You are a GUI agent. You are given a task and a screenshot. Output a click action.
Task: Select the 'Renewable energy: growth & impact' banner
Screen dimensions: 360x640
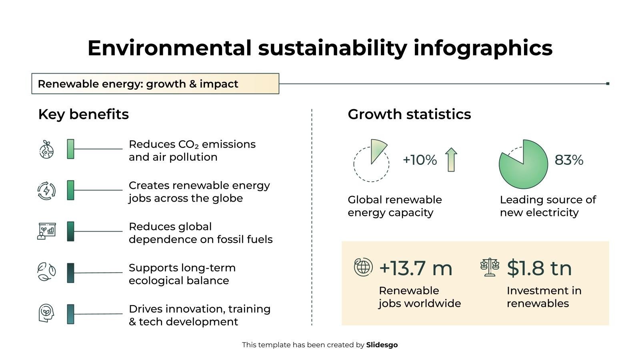pyautogui.click(x=155, y=84)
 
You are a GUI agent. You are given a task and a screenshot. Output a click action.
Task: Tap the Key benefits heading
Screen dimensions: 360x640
pyautogui.click(x=83, y=114)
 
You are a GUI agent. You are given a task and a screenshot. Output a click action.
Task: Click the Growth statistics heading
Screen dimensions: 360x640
pyautogui.click(x=409, y=114)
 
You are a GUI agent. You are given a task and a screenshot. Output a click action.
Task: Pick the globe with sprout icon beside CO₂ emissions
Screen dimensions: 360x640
pyautogui.click(x=46, y=149)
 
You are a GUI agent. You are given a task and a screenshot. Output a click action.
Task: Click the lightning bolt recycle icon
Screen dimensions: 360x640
pyautogui.click(x=46, y=190)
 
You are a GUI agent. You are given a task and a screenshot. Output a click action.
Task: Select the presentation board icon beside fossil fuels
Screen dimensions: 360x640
pyautogui.click(x=46, y=231)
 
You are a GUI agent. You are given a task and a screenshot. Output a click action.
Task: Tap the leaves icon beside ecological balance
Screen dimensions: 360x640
pyautogui.click(x=46, y=272)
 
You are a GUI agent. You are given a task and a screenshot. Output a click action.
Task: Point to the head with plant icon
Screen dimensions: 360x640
pyautogui.click(x=46, y=313)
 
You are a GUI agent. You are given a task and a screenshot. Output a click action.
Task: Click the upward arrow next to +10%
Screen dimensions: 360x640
pyautogui.click(x=451, y=160)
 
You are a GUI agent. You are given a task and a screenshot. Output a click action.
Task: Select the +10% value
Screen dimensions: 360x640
pyautogui.click(x=420, y=160)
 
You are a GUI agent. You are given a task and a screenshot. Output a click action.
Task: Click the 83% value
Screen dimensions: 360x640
pyautogui.click(x=568, y=160)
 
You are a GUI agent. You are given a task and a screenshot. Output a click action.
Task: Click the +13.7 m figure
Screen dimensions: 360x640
pyautogui.click(x=416, y=268)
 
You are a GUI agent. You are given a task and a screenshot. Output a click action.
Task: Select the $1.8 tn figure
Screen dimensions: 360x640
pyautogui.click(x=539, y=268)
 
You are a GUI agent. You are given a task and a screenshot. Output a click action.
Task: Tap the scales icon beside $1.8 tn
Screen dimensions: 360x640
pyautogui.click(x=490, y=267)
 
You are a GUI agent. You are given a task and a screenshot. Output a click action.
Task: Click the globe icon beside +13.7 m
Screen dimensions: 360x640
pyautogui.click(x=363, y=267)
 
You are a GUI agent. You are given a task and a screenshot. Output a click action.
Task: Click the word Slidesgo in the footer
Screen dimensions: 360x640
pyautogui.click(x=382, y=345)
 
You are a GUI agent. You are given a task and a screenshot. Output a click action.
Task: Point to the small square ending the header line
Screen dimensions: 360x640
pyautogui.click(x=608, y=84)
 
